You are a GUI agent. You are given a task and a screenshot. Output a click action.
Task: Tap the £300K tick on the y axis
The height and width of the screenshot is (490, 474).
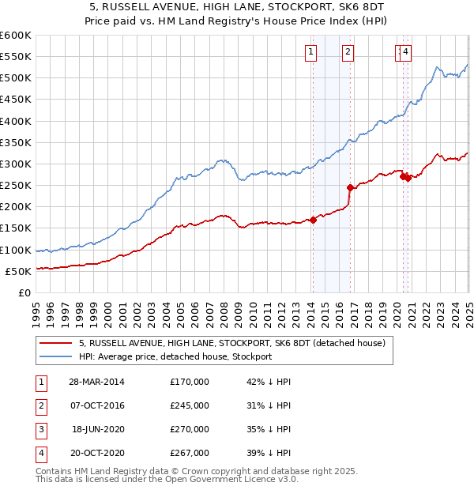pyautogui.click(x=16, y=164)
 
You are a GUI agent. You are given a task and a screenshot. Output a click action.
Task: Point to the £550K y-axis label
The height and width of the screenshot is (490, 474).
pyautogui.click(x=16, y=57)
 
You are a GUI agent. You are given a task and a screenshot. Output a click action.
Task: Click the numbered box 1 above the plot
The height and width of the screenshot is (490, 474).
pyautogui.click(x=311, y=53)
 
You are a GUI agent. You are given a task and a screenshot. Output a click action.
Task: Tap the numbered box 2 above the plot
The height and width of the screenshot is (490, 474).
pyautogui.click(x=348, y=53)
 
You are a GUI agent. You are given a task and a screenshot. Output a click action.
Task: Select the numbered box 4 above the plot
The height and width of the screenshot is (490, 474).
pyautogui.click(x=405, y=53)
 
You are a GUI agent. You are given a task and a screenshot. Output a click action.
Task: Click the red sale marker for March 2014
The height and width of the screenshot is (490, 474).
pyautogui.click(x=313, y=220)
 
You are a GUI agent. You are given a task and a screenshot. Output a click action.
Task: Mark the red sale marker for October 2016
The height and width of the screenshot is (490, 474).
pyautogui.click(x=350, y=187)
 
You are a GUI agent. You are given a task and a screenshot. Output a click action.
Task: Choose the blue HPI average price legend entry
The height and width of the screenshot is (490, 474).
pyautogui.click(x=175, y=356)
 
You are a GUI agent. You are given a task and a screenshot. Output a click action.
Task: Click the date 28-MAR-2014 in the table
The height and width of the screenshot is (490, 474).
pyautogui.click(x=97, y=382)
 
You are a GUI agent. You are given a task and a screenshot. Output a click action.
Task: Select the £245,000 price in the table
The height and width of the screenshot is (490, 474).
pyautogui.click(x=190, y=405)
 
